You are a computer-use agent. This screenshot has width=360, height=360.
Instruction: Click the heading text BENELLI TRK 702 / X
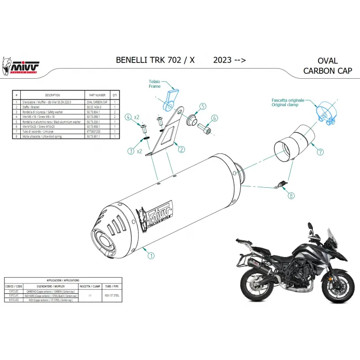[x=155, y=60]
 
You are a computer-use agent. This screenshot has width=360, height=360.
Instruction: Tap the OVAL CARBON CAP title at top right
[x=327, y=66]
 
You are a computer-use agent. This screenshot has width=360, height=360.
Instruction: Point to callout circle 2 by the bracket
[x=181, y=149]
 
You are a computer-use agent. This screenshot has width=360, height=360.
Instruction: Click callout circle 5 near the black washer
[x=202, y=107]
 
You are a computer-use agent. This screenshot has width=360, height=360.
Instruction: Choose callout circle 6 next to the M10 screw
[x=215, y=118]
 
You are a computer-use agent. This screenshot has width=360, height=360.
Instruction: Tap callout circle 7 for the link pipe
[x=320, y=152]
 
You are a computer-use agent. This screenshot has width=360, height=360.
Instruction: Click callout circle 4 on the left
[x=129, y=117]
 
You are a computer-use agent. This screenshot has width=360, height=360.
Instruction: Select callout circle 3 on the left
[x=131, y=150]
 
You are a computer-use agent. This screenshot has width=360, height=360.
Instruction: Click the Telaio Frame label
[x=155, y=84]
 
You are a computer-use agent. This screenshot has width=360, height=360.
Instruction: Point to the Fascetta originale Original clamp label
[x=288, y=102]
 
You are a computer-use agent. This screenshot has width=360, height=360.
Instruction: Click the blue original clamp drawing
[x=327, y=113]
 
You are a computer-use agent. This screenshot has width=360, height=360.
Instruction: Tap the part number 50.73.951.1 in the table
[x=97, y=135]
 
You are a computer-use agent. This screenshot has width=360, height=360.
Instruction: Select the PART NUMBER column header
[x=97, y=95]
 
